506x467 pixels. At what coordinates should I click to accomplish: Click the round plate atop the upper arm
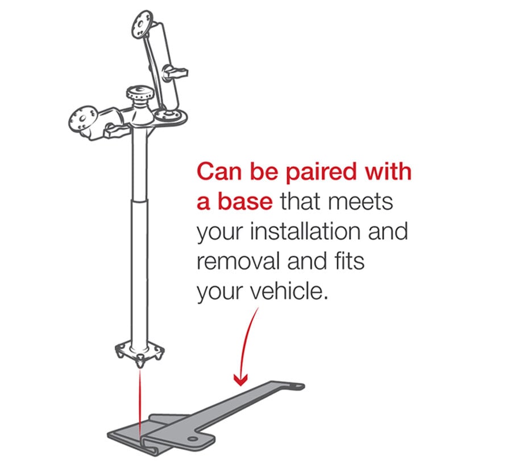pos(140,25)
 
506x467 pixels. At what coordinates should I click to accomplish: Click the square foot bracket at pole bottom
pos(140,353)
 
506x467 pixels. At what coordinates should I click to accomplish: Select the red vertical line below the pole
pos(140,404)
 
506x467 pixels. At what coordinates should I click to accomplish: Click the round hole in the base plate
pos(193,439)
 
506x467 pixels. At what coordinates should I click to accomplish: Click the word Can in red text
pos(219,171)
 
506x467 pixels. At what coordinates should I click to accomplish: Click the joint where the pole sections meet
pos(140,200)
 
